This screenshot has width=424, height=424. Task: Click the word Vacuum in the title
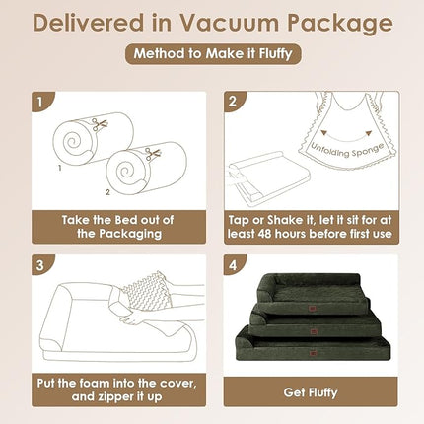(229, 23)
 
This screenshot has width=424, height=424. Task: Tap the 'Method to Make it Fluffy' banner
(213, 53)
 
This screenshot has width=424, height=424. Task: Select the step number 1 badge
(40, 102)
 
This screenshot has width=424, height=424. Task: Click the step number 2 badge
(233, 102)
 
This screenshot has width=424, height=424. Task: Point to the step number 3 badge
(40, 265)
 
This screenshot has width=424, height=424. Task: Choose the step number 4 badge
(233, 265)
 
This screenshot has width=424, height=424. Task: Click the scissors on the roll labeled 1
(100, 124)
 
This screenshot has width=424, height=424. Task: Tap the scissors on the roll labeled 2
(153, 153)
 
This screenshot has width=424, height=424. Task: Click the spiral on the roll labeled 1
(72, 142)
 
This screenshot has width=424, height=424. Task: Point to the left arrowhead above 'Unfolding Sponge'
(324, 133)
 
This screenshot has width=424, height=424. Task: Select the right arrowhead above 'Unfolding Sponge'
(369, 133)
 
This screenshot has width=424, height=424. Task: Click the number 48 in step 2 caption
(265, 234)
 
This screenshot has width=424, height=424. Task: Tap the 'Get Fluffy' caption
(311, 392)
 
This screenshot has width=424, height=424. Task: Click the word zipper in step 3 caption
(108, 397)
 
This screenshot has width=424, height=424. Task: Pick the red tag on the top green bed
(312, 310)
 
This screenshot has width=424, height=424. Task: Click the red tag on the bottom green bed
(312, 353)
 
